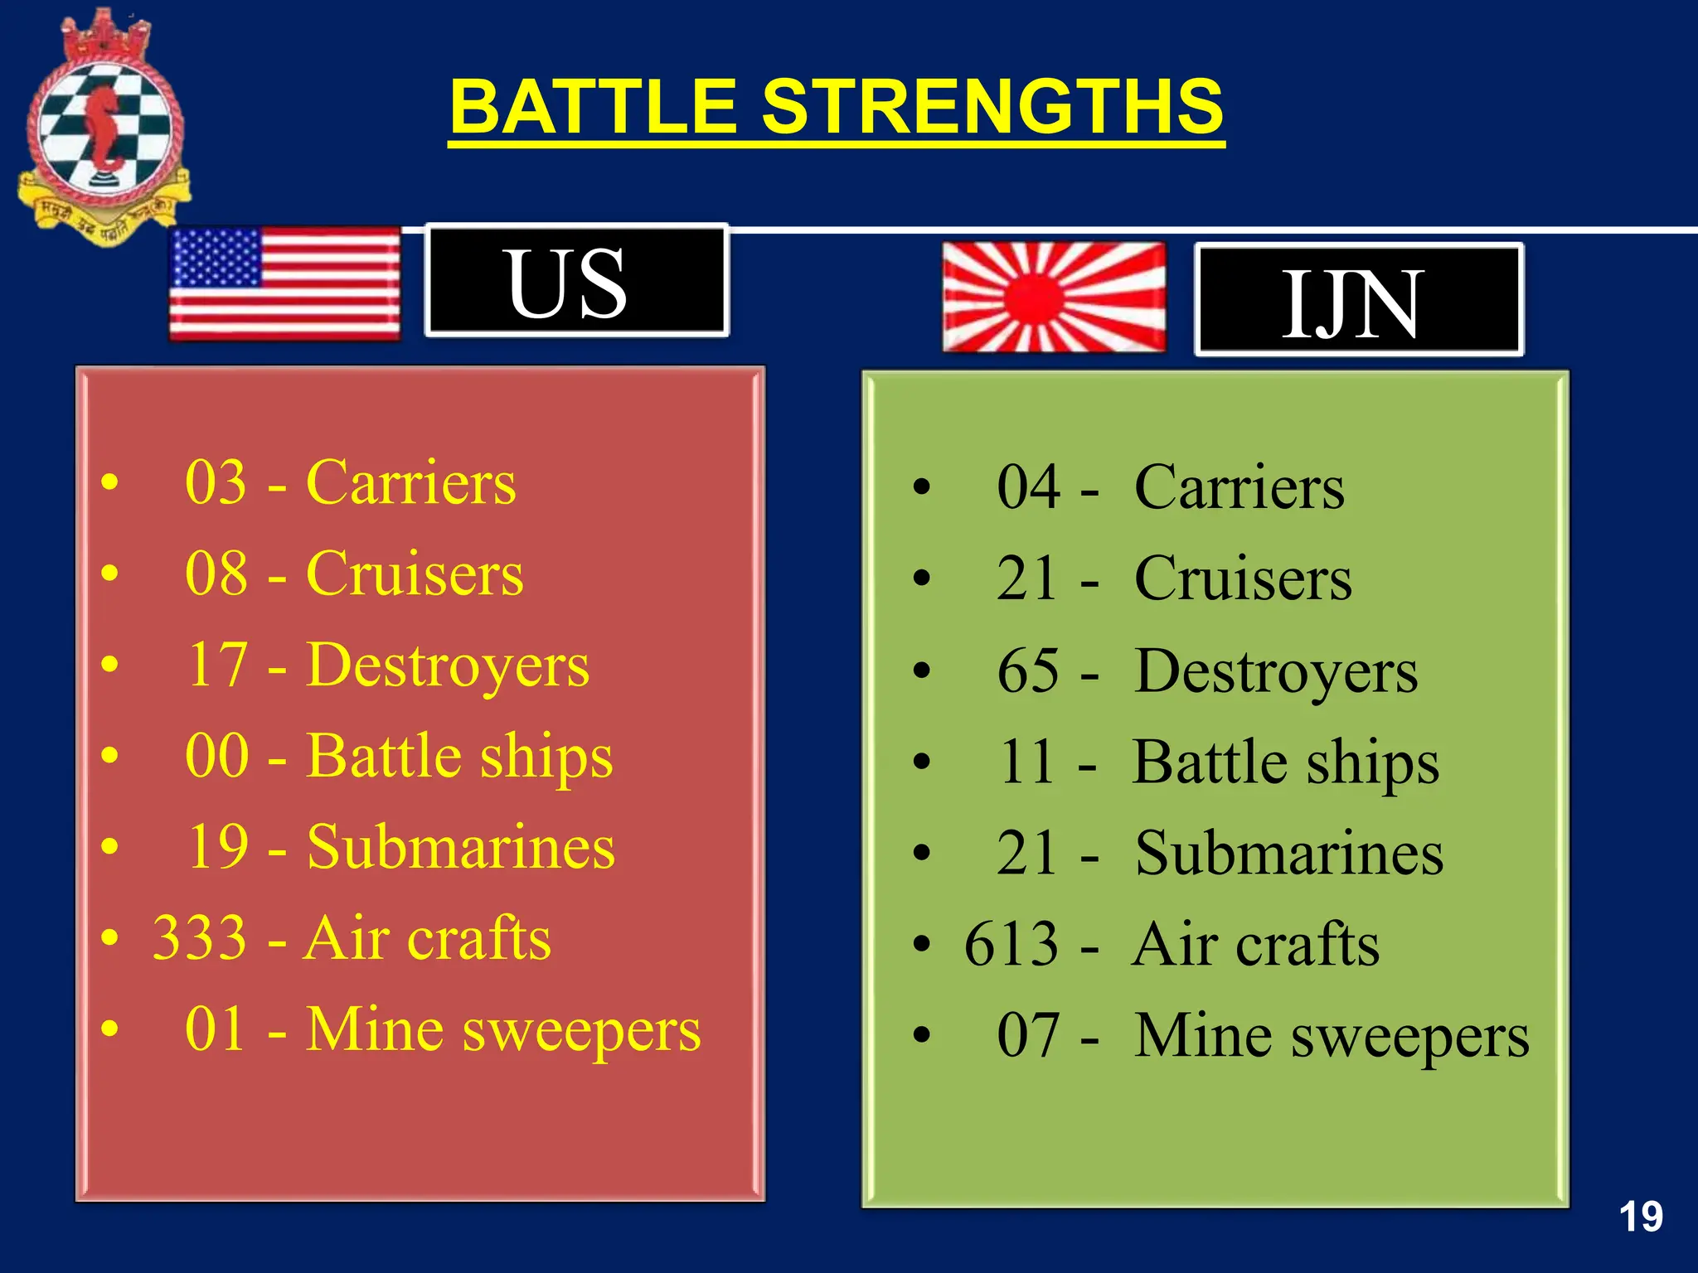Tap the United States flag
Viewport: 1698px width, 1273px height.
[284, 283]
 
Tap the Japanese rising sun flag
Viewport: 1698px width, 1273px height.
[1054, 297]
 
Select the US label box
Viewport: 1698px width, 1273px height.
[576, 281]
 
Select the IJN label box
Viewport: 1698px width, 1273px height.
[1358, 300]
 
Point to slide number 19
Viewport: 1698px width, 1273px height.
[1640, 1217]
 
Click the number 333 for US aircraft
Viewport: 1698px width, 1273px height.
[200, 938]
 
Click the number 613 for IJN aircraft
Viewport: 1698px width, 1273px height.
[1012, 944]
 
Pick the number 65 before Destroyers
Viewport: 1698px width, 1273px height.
[1028, 670]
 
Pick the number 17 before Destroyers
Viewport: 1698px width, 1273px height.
[217, 665]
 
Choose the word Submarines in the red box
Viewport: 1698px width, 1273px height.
[461, 847]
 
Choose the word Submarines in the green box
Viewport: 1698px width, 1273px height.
[1289, 854]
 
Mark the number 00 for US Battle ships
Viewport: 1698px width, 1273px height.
[216, 756]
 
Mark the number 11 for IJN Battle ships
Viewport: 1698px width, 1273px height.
[1028, 762]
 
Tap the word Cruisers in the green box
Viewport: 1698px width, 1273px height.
[1243, 578]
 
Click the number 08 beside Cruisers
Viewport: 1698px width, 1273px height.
[216, 574]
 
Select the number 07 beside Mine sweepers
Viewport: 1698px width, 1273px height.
[1028, 1035]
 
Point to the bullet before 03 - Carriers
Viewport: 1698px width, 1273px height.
[109, 482]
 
